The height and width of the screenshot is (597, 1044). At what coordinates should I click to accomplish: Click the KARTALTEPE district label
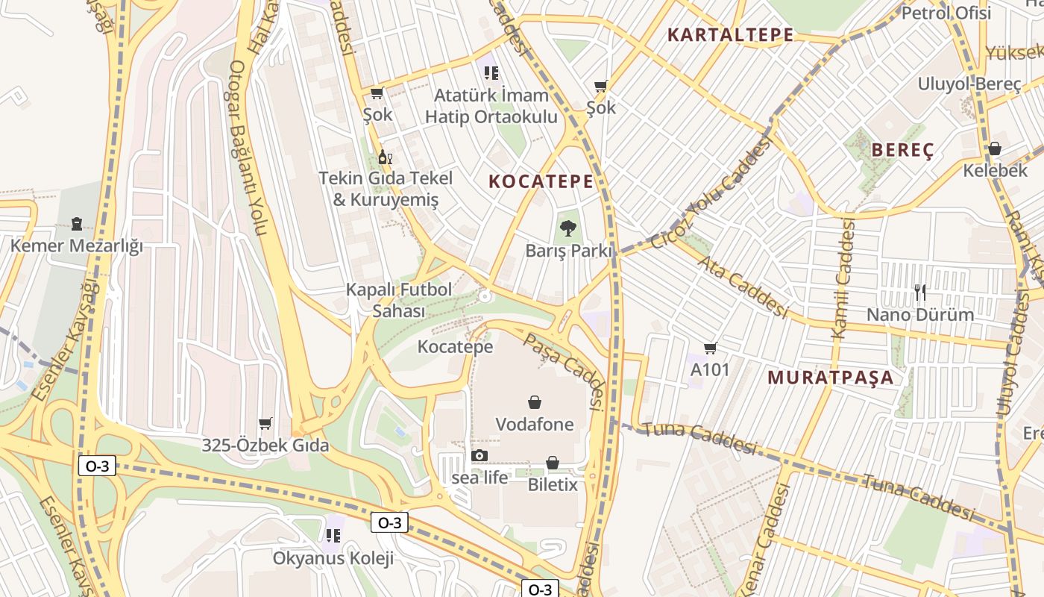click(730, 35)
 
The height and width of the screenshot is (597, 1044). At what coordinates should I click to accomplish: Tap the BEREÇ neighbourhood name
click(902, 150)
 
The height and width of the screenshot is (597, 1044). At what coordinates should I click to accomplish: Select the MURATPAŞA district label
click(830, 377)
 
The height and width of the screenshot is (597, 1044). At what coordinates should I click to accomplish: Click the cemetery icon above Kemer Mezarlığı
click(76, 223)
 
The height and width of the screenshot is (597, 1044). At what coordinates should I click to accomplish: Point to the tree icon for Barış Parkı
click(568, 228)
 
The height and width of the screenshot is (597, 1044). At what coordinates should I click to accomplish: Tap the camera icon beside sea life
click(479, 455)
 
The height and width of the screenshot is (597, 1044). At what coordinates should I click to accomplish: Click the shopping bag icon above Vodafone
click(535, 403)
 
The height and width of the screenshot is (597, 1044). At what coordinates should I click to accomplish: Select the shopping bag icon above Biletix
click(553, 463)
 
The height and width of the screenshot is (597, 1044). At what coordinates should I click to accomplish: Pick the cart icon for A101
click(710, 347)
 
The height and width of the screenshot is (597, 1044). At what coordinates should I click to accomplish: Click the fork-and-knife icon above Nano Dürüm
click(919, 292)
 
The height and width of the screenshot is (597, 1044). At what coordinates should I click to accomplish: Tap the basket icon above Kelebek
click(994, 149)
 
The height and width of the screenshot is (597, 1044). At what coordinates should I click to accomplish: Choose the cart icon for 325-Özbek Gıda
click(265, 424)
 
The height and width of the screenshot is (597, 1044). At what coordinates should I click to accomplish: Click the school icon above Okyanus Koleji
click(333, 535)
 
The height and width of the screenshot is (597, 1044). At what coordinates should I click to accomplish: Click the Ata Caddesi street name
click(743, 286)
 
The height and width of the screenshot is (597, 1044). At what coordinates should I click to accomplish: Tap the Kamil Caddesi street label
click(843, 279)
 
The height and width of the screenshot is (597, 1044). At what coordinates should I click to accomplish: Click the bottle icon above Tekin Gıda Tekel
click(385, 157)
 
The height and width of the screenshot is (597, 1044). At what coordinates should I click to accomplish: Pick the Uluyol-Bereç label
click(969, 84)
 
